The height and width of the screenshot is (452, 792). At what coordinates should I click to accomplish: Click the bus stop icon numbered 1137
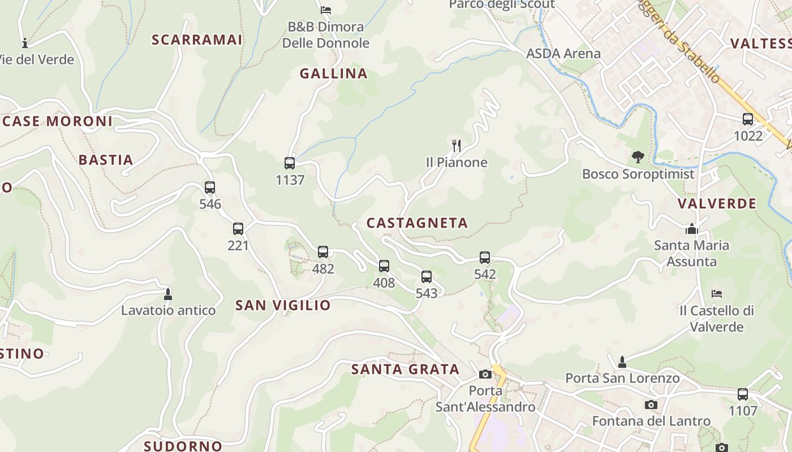290,163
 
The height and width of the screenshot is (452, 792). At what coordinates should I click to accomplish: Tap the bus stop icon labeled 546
210,188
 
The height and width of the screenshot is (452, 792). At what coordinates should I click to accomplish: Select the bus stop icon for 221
238,229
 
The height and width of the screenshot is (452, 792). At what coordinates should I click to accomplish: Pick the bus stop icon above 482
323,252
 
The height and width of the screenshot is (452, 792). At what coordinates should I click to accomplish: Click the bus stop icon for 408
384,266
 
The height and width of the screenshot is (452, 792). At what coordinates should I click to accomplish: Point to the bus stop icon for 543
427,277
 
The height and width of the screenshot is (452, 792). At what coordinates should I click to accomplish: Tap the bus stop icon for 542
485,258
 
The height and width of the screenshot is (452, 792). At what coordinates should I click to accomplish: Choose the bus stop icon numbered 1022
748,119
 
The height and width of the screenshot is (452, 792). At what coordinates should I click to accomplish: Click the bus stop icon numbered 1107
743,394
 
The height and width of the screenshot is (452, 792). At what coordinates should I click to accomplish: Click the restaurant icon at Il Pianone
457,146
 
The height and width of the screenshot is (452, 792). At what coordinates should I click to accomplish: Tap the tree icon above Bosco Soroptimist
638,157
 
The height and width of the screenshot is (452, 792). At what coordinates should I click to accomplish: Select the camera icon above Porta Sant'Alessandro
485,374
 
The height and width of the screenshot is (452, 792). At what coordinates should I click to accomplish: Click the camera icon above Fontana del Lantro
651,405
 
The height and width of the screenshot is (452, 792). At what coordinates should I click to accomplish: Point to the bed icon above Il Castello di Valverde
717,294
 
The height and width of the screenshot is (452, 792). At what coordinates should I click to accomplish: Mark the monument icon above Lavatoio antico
167,294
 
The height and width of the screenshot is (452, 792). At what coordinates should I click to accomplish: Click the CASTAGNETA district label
417,223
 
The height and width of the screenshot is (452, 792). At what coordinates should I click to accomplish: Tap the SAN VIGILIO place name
283,306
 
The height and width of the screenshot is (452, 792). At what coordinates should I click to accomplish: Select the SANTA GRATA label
405,370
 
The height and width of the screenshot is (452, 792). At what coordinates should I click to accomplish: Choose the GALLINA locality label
334,73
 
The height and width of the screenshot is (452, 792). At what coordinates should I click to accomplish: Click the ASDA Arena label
563,54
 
